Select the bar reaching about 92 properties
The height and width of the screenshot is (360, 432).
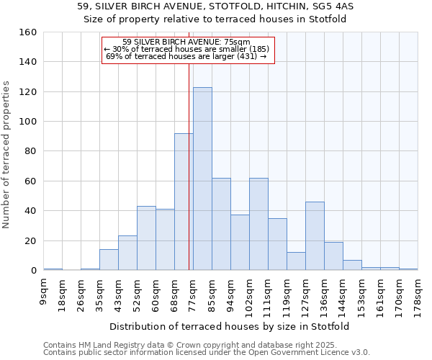tap(184, 202)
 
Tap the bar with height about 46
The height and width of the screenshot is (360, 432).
tap(315, 236)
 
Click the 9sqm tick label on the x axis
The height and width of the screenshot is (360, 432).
tap(44, 291)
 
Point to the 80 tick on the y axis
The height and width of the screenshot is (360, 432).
tap(30, 151)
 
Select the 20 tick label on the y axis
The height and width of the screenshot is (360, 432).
tap(30, 240)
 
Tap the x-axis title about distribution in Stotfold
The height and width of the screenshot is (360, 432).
tap(230, 326)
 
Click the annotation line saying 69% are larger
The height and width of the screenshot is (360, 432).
tap(186, 56)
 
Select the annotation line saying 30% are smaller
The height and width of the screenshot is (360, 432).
tap(186, 49)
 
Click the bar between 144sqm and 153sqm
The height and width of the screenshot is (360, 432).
tap(352, 265)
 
